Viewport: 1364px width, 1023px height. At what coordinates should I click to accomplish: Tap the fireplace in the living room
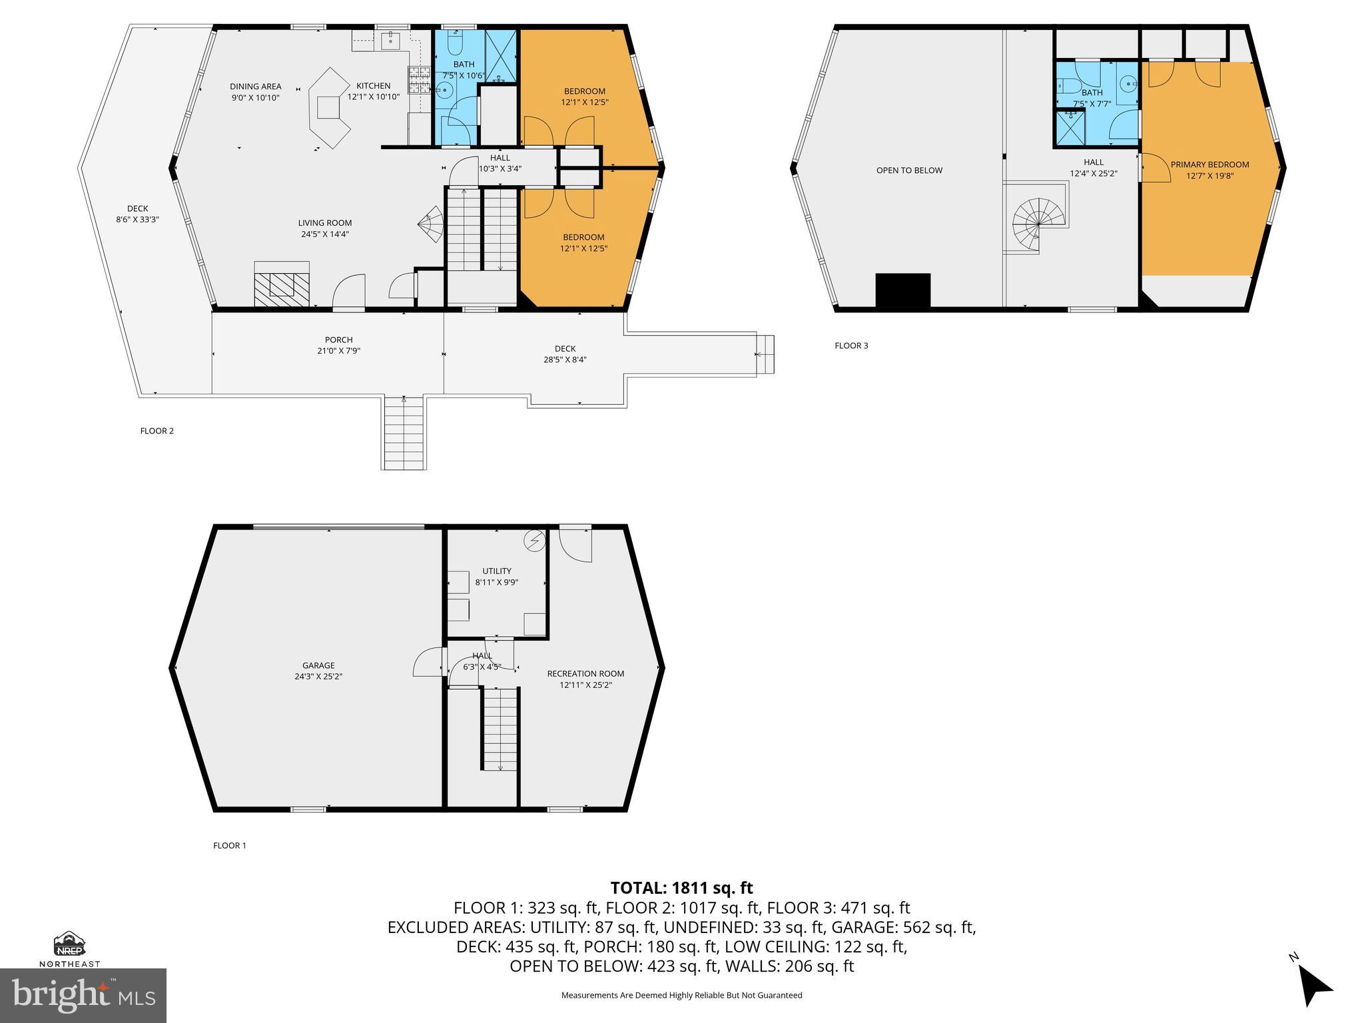282,284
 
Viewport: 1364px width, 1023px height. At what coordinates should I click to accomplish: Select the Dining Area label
255,87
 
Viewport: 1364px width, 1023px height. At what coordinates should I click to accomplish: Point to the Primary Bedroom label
1209,165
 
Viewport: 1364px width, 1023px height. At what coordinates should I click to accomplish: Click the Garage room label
318,665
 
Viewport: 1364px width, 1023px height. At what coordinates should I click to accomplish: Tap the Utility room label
497,571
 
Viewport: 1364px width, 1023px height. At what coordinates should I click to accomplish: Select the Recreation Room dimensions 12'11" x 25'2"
585,685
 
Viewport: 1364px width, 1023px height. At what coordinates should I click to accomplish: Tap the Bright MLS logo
83,995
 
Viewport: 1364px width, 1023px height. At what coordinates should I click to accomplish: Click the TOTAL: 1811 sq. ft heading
681,888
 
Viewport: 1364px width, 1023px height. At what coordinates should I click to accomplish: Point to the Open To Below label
909,170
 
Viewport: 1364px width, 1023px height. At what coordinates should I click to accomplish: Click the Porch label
338,340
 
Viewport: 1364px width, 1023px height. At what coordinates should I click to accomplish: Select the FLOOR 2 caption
157,431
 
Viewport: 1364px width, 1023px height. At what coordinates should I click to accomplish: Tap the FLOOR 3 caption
851,346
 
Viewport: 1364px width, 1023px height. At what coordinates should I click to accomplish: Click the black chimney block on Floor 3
902,290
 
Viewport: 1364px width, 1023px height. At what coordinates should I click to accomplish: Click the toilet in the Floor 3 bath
1066,85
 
